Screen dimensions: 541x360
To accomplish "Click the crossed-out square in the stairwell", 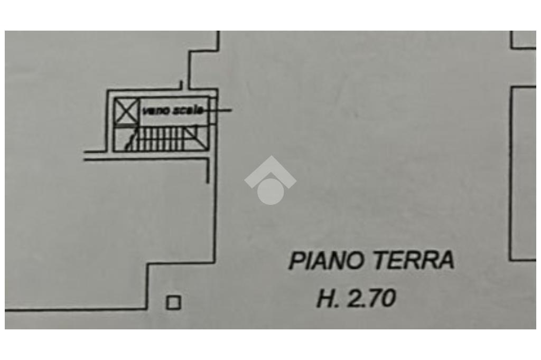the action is click(126, 111).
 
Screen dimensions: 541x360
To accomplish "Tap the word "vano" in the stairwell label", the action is click(152, 110).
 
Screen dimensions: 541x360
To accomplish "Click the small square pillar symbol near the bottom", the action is click(173, 302).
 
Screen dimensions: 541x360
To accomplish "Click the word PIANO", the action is click(326, 261).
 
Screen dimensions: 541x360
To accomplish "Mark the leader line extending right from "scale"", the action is click(221, 110).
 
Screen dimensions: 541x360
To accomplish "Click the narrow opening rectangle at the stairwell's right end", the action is click(212, 111).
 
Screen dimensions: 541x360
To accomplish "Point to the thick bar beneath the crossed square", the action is click(126, 127).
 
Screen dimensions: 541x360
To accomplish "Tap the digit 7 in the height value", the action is click(376, 299).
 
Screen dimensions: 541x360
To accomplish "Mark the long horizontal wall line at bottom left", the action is click(74, 309).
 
